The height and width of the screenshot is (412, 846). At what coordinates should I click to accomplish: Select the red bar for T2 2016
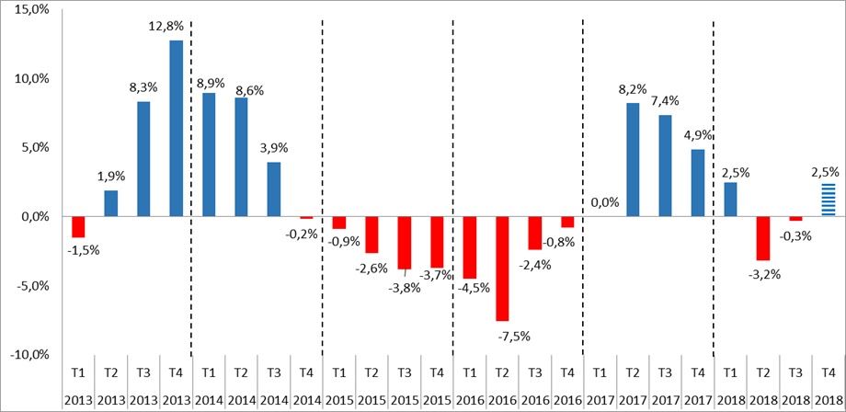(x=502, y=269)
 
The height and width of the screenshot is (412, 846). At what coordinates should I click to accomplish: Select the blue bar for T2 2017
(x=633, y=159)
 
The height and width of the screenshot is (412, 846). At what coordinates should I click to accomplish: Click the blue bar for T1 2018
(x=730, y=200)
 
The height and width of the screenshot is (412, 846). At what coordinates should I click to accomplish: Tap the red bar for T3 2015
(x=405, y=243)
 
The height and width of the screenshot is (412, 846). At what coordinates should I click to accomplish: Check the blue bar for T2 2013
(x=110, y=203)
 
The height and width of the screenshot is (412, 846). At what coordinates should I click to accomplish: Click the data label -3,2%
(x=763, y=273)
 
